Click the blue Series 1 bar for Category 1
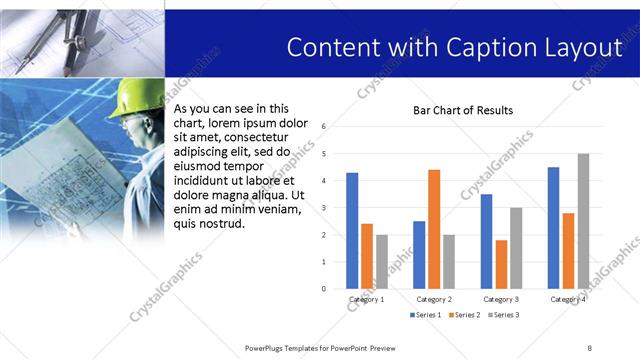pos(352,231)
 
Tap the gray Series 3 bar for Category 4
pos(583,221)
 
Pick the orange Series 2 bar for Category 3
pos(501,264)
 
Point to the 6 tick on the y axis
pos(323,127)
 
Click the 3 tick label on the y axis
pos(323,208)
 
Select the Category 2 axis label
pos(434,299)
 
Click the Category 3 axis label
pos(501,299)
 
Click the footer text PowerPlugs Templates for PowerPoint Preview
pos(321,347)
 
